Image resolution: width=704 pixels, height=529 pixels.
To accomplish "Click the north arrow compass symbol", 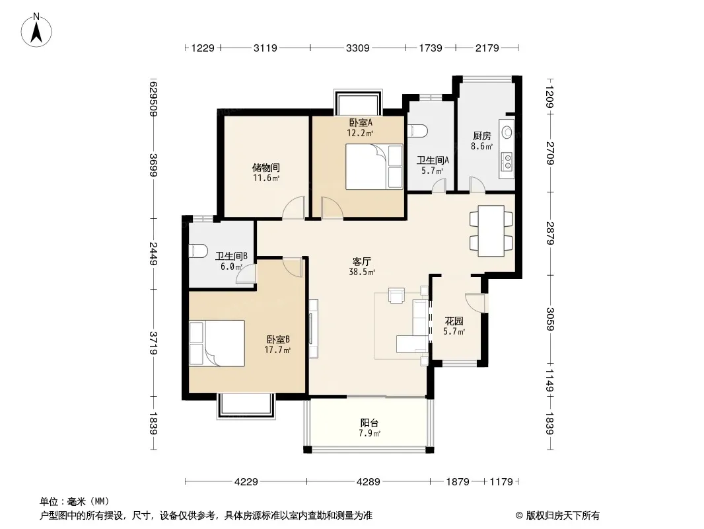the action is pyautogui.click(x=36, y=30).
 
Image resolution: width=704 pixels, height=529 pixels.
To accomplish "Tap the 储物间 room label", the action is pyautogui.click(x=266, y=168).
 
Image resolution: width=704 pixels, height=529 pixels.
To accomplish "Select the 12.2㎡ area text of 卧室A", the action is pyautogui.click(x=360, y=133).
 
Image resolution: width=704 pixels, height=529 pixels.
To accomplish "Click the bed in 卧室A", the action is pyautogui.click(x=374, y=166).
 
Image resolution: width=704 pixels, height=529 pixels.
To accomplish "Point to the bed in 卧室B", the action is pyautogui.click(x=217, y=343).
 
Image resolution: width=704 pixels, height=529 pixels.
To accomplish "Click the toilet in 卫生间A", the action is pyautogui.click(x=417, y=130).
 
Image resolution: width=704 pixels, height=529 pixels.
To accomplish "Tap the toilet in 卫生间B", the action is pyautogui.click(x=198, y=251).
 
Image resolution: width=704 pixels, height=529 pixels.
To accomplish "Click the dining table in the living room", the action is pyautogui.click(x=491, y=231).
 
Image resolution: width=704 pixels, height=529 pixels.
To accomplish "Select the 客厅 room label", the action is pyautogui.click(x=362, y=261).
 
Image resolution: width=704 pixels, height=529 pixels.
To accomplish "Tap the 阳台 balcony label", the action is pyautogui.click(x=370, y=423).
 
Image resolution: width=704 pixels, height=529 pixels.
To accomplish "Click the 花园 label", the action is pyautogui.click(x=454, y=321).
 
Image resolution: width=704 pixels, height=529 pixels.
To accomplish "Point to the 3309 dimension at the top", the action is pyautogui.click(x=358, y=48).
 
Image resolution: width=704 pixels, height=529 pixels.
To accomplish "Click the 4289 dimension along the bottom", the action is pyautogui.click(x=368, y=482).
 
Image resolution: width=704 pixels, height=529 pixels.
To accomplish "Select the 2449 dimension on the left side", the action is pyautogui.click(x=154, y=253).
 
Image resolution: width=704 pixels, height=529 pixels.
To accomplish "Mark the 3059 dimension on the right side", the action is pyautogui.click(x=550, y=319).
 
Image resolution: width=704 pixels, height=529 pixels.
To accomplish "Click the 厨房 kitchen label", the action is pyautogui.click(x=481, y=136).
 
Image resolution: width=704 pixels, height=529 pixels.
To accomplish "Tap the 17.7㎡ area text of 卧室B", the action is pyautogui.click(x=277, y=350).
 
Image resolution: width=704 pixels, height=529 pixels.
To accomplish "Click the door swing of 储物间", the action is pyautogui.click(x=294, y=208).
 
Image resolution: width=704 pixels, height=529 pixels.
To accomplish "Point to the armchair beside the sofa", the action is pyautogui.click(x=396, y=296).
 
